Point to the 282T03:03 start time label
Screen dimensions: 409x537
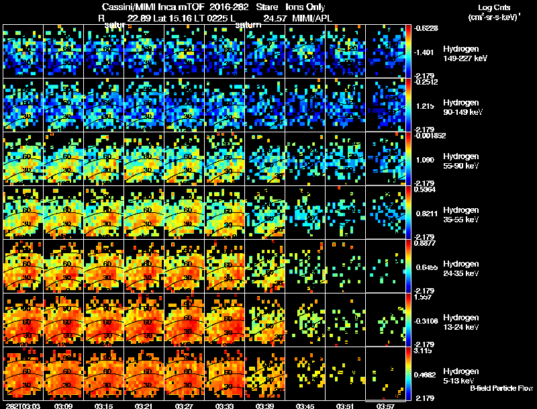tap(19, 405)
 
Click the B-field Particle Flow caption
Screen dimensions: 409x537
tap(501, 388)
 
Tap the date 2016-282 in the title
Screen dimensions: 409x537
tap(219, 7)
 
